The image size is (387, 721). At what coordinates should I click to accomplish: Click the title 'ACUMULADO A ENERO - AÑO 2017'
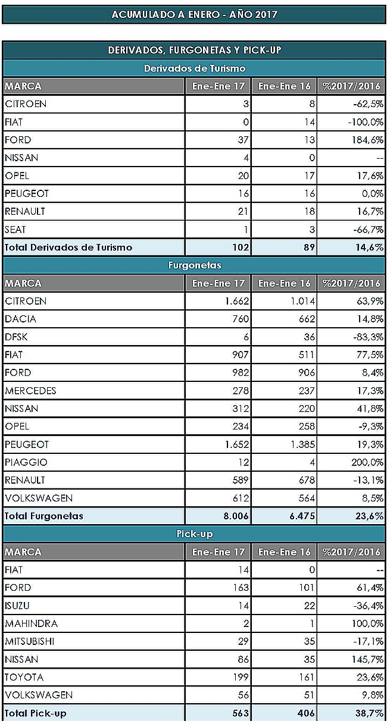pos(194,14)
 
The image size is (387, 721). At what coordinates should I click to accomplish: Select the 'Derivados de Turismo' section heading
pos(195,68)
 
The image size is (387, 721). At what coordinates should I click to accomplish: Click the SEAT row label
pos(15,230)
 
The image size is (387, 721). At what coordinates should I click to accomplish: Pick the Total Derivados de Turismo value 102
pos(241,247)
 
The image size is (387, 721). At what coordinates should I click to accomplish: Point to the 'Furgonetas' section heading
pos(195,265)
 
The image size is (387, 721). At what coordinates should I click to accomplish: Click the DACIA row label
pos(20,319)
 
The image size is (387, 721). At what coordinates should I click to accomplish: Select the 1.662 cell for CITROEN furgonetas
pos(237,301)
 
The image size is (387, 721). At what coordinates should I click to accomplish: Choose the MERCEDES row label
pos(30,391)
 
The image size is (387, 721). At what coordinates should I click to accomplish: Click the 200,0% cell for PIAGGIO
pos(367,462)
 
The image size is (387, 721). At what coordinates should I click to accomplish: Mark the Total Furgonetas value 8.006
pos(236,516)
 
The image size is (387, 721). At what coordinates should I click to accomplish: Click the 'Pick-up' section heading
pos(195,534)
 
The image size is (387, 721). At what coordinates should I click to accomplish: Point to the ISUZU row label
pos(17,606)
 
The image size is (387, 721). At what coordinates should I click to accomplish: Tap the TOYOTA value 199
pos(241,677)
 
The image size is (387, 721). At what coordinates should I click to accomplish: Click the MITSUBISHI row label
pos(29,641)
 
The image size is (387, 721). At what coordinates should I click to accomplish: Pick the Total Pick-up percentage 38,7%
pos(370,713)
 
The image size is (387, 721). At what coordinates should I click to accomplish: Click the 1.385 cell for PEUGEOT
pos(302,444)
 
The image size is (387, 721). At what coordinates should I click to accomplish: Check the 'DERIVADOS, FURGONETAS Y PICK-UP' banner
pos(194,50)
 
